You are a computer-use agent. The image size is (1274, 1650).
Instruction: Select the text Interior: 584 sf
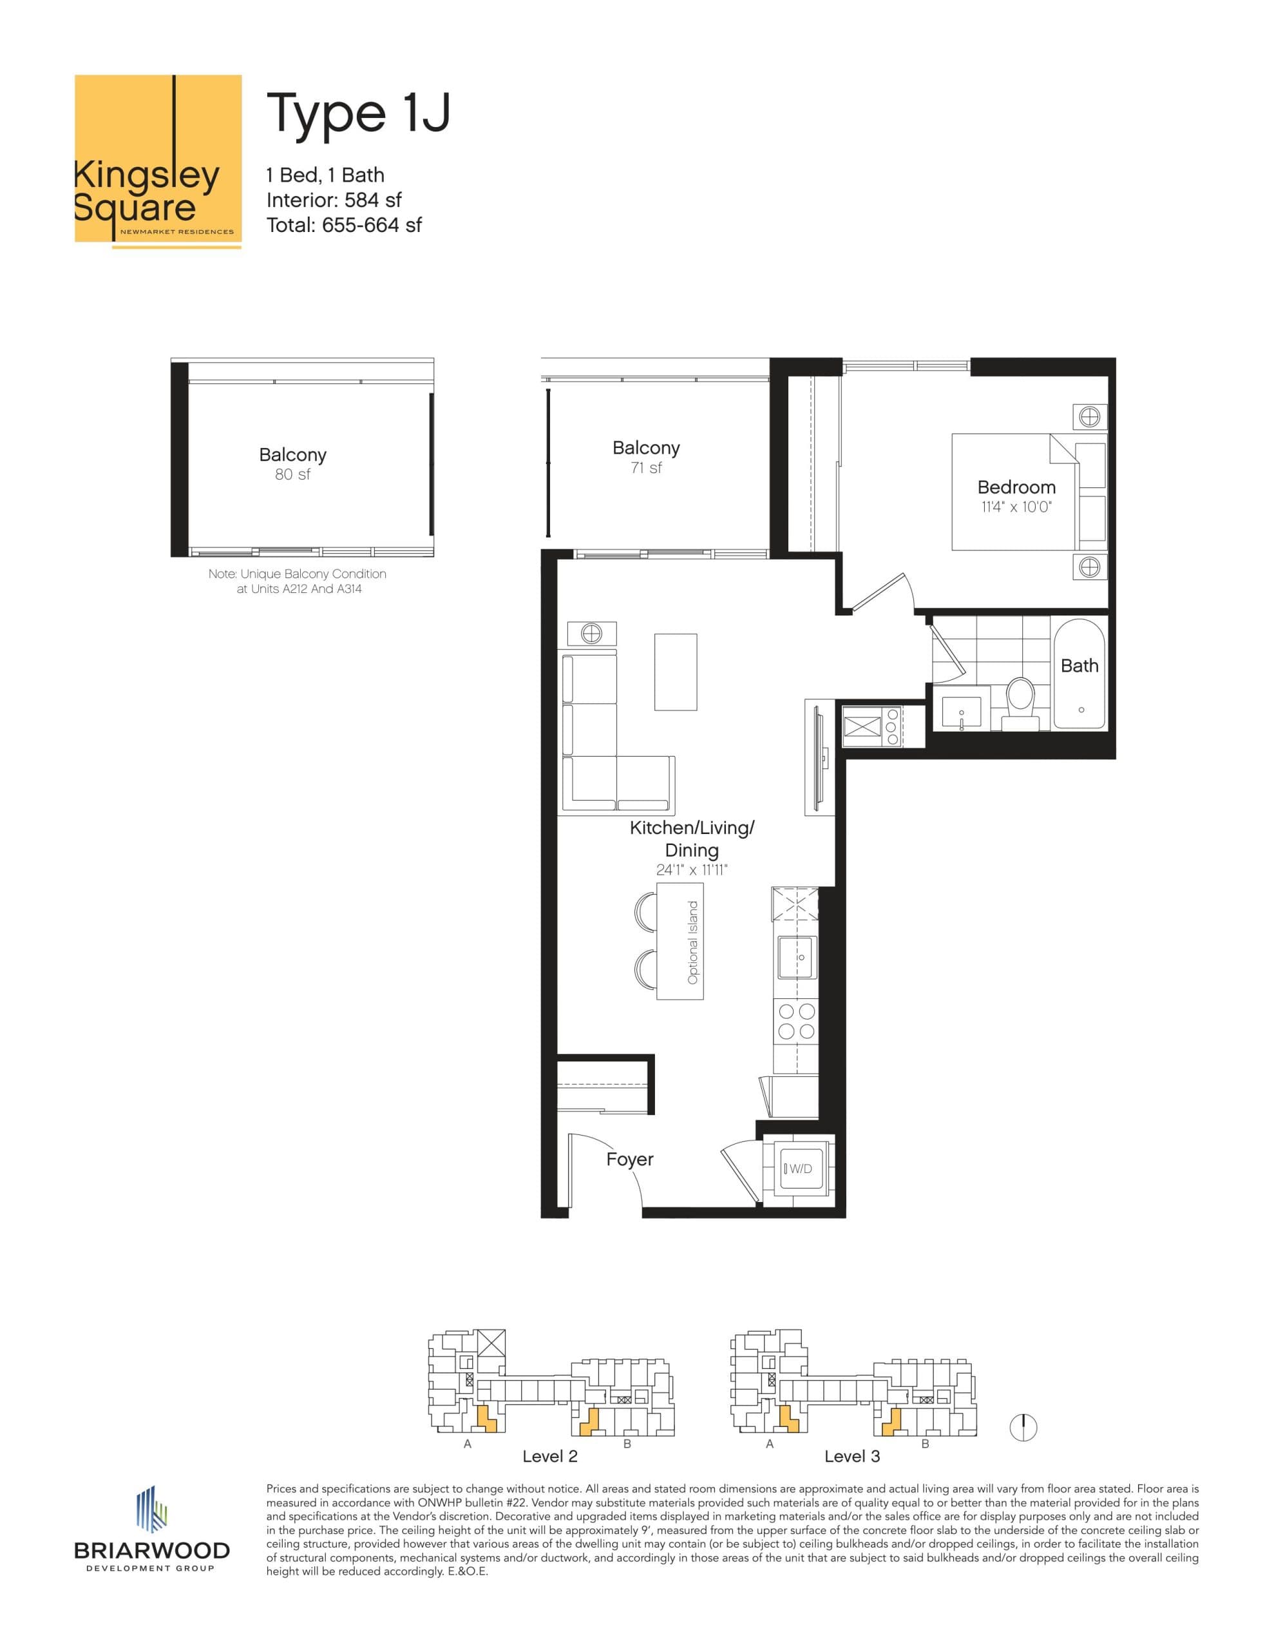(334, 200)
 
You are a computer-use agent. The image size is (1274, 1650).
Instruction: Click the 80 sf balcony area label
(292, 474)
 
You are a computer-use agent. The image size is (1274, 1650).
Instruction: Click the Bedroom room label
(1016, 487)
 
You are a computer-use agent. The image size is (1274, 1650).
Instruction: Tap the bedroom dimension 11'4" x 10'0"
(1016, 507)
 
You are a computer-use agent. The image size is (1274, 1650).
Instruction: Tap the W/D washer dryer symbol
(797, 1169)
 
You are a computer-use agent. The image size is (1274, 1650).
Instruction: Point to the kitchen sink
(797, 957)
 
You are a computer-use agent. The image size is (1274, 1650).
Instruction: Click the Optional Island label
(692, 942)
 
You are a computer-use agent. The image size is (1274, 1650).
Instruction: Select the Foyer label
(629, 1159)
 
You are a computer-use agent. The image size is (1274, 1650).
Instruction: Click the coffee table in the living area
(675, 672)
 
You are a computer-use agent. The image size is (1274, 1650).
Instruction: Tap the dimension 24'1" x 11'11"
(691, 870)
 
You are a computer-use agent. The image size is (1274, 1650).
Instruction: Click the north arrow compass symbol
(1023, 1427)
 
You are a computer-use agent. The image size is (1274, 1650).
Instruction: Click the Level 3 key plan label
(852, 1456)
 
